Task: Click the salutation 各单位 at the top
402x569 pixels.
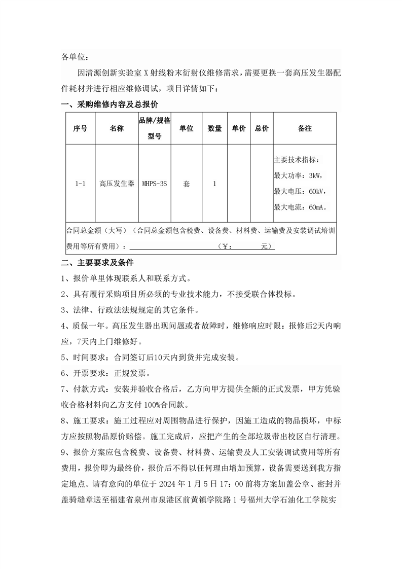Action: pos(75,56)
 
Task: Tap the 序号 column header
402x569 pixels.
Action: pos(81,129)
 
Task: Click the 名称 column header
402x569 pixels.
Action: pos(117,129)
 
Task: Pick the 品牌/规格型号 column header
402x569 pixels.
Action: pos(155,129)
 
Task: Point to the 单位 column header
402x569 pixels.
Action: pos(187,129)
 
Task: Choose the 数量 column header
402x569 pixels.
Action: pos(214,129)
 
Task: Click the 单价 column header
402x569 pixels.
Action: pos(238,129)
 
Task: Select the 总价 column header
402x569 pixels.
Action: pos(262,129)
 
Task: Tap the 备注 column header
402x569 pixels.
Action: pos(305,129)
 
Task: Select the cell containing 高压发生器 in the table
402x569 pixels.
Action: pos(117,184)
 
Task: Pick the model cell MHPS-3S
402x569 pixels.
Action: pos(155,184)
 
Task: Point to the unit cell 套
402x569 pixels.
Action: pos(187,184)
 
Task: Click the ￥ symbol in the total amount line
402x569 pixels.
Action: pos(227,246)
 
